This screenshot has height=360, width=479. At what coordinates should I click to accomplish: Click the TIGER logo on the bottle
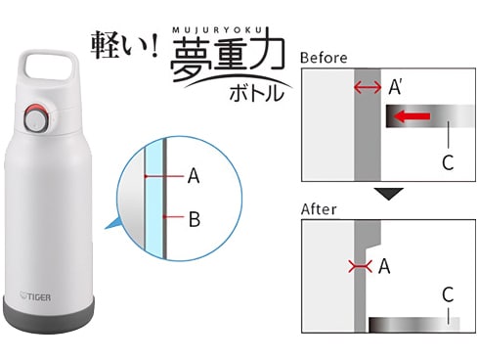click(35, 296)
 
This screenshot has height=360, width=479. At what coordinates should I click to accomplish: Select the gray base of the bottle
click(49, 315)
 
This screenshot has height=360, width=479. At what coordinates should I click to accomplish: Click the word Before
click(324, 58)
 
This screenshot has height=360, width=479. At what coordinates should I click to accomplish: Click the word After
click(319, 209)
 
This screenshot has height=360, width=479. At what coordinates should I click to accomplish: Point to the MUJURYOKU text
click(217, 30)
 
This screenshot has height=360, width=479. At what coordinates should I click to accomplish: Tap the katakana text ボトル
click(256, 93)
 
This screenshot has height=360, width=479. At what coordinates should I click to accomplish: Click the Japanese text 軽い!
click(124, 45)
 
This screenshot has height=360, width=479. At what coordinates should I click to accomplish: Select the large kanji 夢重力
click(227, 56)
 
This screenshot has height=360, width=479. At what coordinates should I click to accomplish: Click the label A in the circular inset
click(194, 176)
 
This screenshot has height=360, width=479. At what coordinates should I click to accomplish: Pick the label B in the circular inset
click(195, 219)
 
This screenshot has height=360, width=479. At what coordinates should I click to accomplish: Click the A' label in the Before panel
click(395, 87)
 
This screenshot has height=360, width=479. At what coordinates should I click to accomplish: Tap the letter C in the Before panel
click(448, 162)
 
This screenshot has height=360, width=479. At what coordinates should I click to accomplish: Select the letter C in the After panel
click(448, 294)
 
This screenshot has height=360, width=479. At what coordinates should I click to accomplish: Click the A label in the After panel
click(384, 266)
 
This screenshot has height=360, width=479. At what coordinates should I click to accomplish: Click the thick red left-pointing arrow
click(413, 116)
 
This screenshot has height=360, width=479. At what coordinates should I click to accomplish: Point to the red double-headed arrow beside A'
click(368, 87)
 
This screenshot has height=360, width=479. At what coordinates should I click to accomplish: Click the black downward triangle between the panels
click(389, 194)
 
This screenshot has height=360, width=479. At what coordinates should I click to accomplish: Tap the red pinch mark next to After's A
click(360, 267)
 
